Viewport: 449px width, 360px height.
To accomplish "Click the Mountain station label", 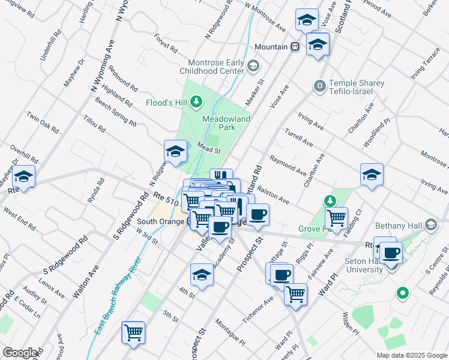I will pyautogui.click(x=271, y=47).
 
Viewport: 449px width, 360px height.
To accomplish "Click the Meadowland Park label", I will pyautogui.click(x=226, y=123).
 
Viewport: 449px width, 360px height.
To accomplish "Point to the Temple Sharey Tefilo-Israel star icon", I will pyautogui.click(x=319, y=87).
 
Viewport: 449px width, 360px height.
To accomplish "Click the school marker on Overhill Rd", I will pyautogui.click(x=24, y=177).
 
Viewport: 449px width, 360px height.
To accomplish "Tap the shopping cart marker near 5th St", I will pyautogui.click(x=133, y=332).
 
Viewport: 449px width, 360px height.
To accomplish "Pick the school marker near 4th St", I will pyautogui.click(x=202, y=275).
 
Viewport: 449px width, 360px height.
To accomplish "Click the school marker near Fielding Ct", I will pyautogui.click(x=372, y=175).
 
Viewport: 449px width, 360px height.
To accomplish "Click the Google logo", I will pyautogui.click(x=20, y=353).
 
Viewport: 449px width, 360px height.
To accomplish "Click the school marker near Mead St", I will pyautogui.click(x=175, y=151).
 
